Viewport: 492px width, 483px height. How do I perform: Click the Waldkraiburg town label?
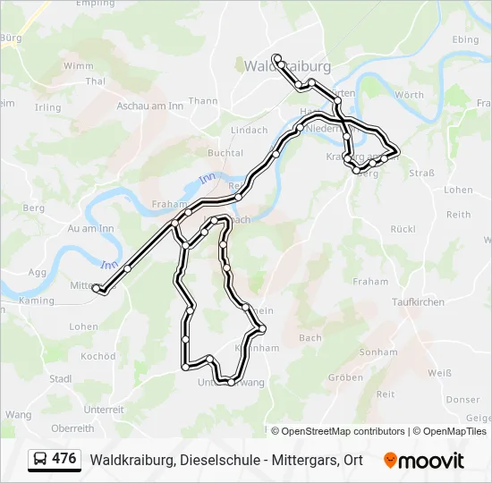287,67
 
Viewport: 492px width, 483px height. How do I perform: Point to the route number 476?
64,459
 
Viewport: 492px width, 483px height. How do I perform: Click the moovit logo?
424,461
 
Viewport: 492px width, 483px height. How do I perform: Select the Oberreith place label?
72,428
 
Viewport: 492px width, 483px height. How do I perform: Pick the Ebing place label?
466,40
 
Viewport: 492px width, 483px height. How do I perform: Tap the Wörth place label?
409,95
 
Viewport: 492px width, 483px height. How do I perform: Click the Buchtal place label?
225,154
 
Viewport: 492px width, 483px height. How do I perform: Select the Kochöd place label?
98,356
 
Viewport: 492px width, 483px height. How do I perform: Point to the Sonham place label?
378,352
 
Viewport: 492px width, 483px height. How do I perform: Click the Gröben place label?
345,377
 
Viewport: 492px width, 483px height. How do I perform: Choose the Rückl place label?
403,229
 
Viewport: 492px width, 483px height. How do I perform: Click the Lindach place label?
250,131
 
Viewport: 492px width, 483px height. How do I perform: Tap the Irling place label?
47,108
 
